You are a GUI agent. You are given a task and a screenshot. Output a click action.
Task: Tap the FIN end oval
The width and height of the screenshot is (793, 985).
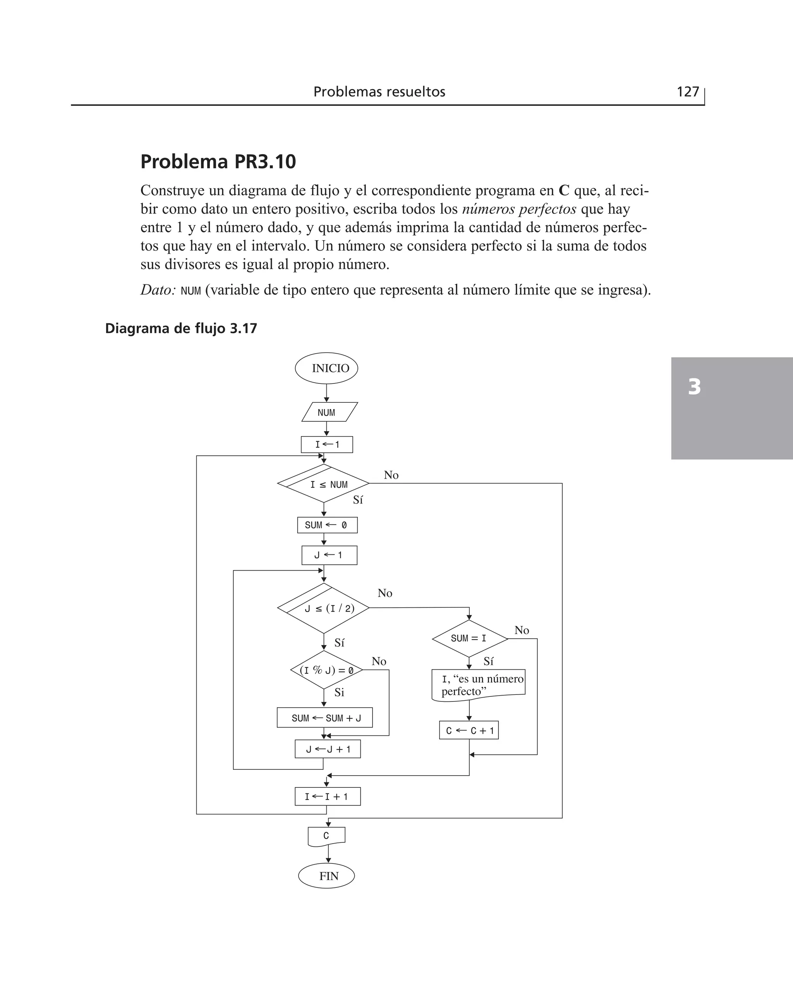[326, 876]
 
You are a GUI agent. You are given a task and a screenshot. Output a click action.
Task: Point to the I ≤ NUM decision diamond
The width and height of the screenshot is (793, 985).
[323, 484]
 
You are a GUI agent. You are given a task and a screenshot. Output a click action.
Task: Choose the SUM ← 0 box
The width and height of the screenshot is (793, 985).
[327, 525]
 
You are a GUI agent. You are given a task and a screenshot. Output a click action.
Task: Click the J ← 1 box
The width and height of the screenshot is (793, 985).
[329, 555]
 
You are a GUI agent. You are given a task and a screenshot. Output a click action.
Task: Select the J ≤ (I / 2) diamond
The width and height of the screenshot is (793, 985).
[323, 608]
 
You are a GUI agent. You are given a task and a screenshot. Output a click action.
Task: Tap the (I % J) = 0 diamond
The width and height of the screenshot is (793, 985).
[326, 670]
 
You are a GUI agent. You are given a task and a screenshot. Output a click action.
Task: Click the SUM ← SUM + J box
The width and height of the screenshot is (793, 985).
[324, 718]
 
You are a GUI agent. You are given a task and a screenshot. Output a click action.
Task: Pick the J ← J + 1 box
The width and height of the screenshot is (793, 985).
[328, 749]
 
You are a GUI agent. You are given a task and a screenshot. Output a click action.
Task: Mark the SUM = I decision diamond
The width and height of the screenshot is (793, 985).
[470, 638]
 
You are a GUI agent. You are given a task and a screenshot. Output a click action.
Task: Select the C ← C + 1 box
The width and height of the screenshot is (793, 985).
[469, 731]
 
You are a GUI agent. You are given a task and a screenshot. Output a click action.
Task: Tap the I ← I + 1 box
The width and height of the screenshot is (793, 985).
[328, 797]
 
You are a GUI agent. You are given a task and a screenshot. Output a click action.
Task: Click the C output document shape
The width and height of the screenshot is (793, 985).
[326, 836]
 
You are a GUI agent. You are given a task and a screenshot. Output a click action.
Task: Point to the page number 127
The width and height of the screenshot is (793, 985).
[687, 92]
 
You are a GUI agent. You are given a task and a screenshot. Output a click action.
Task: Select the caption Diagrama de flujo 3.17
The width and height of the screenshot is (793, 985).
[181, 328]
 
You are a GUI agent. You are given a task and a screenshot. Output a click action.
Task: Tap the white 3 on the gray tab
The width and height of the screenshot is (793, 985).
[694, 387]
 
